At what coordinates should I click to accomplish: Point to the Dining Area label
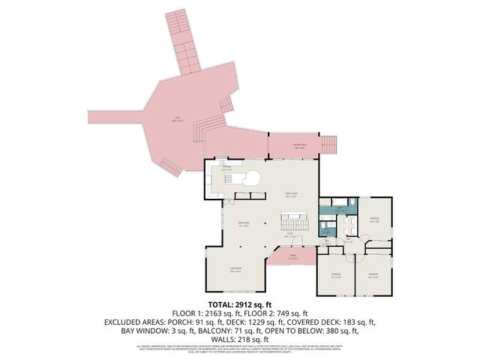pyautogui.click(x=243, y=224)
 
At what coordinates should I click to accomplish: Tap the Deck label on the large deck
pyautogui.click(x=178, y=118)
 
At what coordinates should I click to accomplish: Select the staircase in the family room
pyautogui.click(x=294, y=222)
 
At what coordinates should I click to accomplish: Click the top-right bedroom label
pyautogui.click(x=374, y=220)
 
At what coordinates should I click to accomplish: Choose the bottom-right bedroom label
pyautogui.click(x=373, y=274)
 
